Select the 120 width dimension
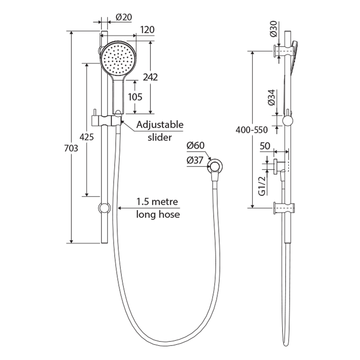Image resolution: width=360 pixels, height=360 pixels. [x=147, y=30]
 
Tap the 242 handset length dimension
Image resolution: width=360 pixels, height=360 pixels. [x=150, y=77]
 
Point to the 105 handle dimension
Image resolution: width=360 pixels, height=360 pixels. [x=135, y=97]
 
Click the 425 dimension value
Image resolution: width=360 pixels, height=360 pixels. [x=87, y=137]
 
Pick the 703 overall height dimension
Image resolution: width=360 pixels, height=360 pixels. [x=71, y=148]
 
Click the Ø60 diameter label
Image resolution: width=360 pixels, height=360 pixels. [x=196, y=146]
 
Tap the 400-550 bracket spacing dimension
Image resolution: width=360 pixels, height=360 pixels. [x=252, y=130]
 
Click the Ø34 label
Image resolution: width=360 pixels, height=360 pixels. [x=271, y=98]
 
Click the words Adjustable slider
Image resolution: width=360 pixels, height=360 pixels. [x=160, y=131]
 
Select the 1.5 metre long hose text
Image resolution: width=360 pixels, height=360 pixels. [x=158, y=208]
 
